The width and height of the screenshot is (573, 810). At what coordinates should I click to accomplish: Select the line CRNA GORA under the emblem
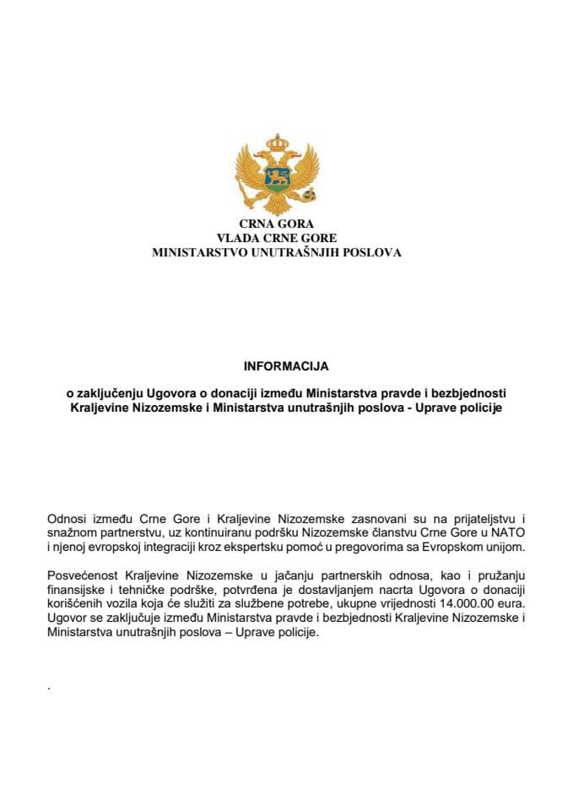[x=277, y=224]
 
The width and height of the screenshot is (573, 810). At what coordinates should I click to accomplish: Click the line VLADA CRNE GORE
[x=277, y=238]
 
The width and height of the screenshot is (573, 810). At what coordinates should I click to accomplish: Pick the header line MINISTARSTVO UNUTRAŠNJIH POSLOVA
[x=277, y=251]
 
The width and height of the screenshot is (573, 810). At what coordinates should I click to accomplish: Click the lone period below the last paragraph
[x=51, y=688]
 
